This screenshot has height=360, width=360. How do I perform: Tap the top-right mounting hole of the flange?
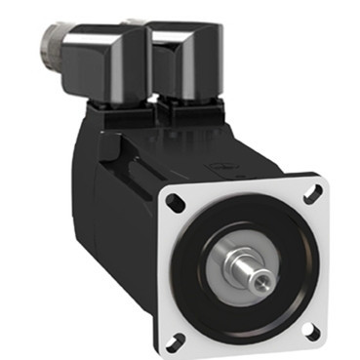313,195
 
